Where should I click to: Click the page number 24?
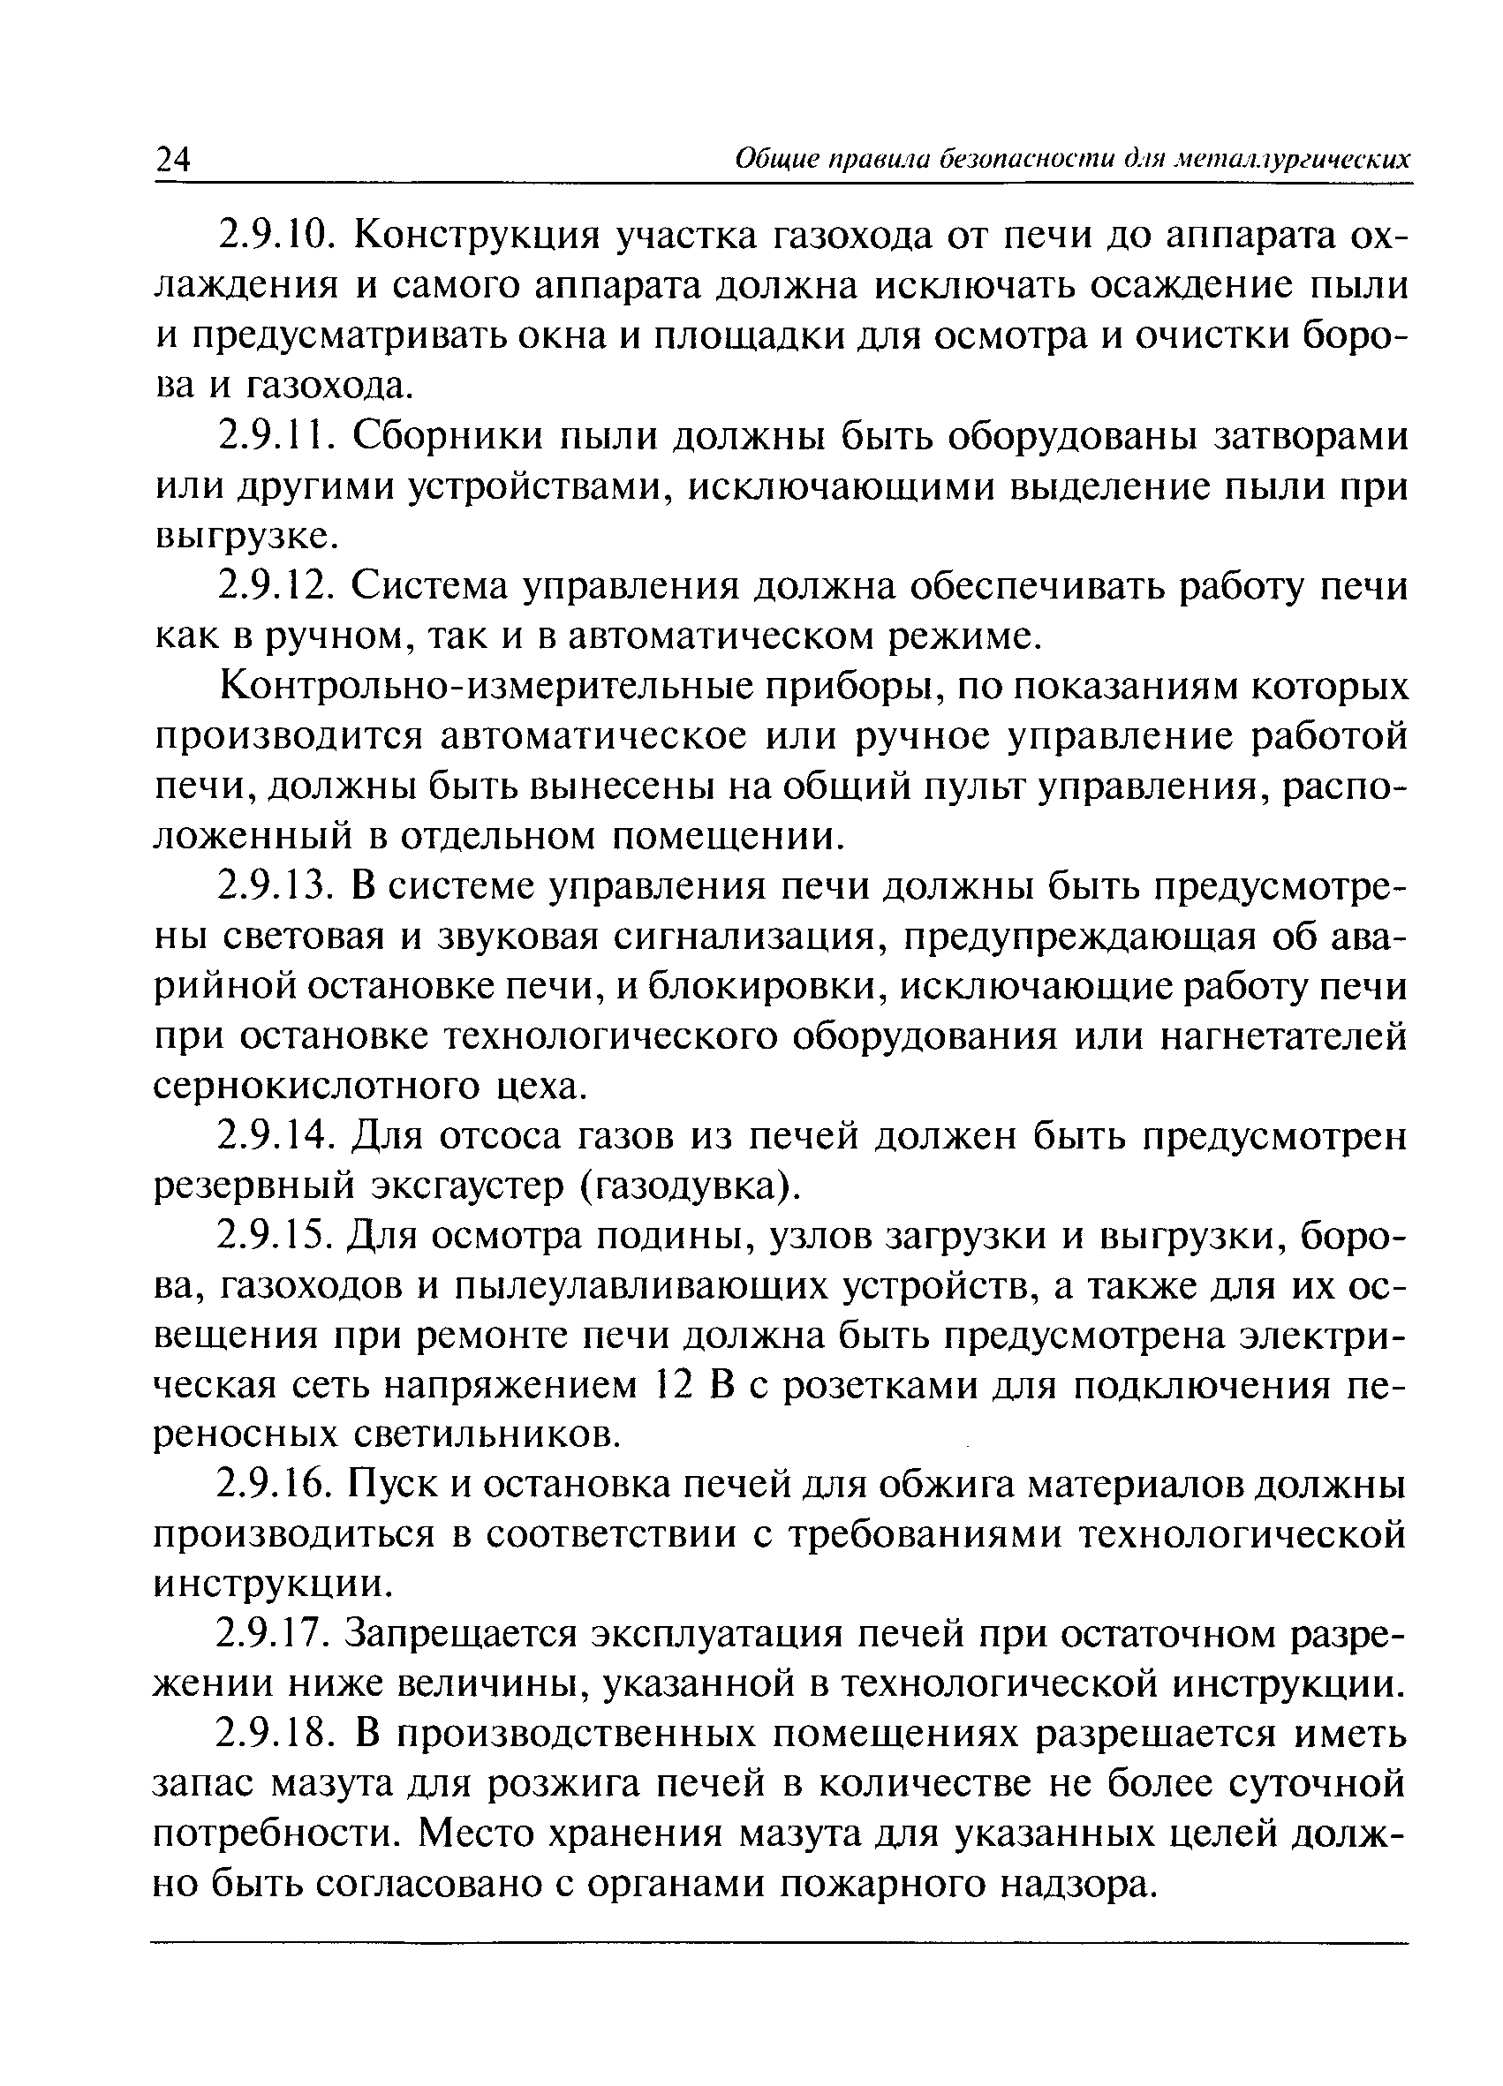coord(172,160)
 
